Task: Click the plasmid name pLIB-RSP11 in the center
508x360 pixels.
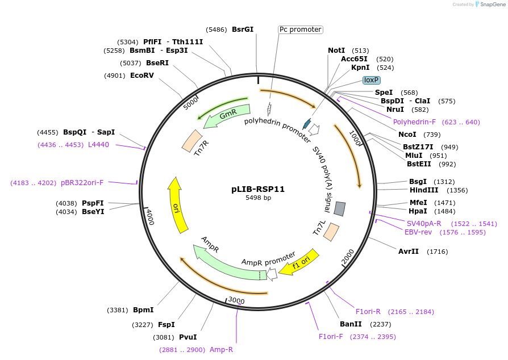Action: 258,189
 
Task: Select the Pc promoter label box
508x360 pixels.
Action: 300,30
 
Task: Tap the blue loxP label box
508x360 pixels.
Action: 372,80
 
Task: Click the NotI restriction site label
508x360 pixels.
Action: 336,51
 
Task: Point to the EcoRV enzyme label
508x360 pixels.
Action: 142,75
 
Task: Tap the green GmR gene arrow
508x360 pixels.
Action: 227,114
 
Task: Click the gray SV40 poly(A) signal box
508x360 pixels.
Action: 340,209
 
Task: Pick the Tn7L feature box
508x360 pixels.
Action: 331,231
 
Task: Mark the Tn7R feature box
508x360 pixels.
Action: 192,141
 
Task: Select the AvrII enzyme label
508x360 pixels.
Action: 409,251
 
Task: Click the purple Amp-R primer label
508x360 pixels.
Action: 221,350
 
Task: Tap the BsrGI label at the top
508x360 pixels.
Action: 243,30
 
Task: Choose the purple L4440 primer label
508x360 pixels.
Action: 98,145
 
